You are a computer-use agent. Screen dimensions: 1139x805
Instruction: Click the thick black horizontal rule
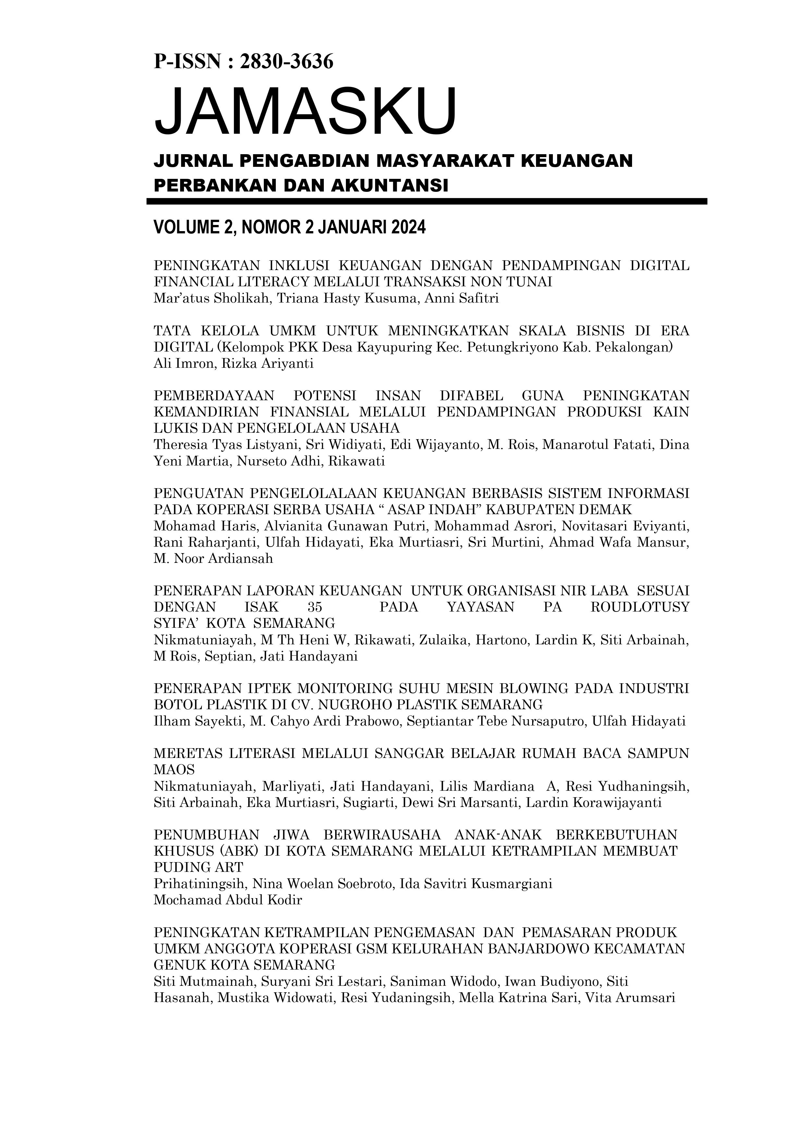[x=427, y=201]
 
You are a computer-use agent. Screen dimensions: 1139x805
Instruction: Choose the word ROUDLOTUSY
[x=640, y=607]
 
